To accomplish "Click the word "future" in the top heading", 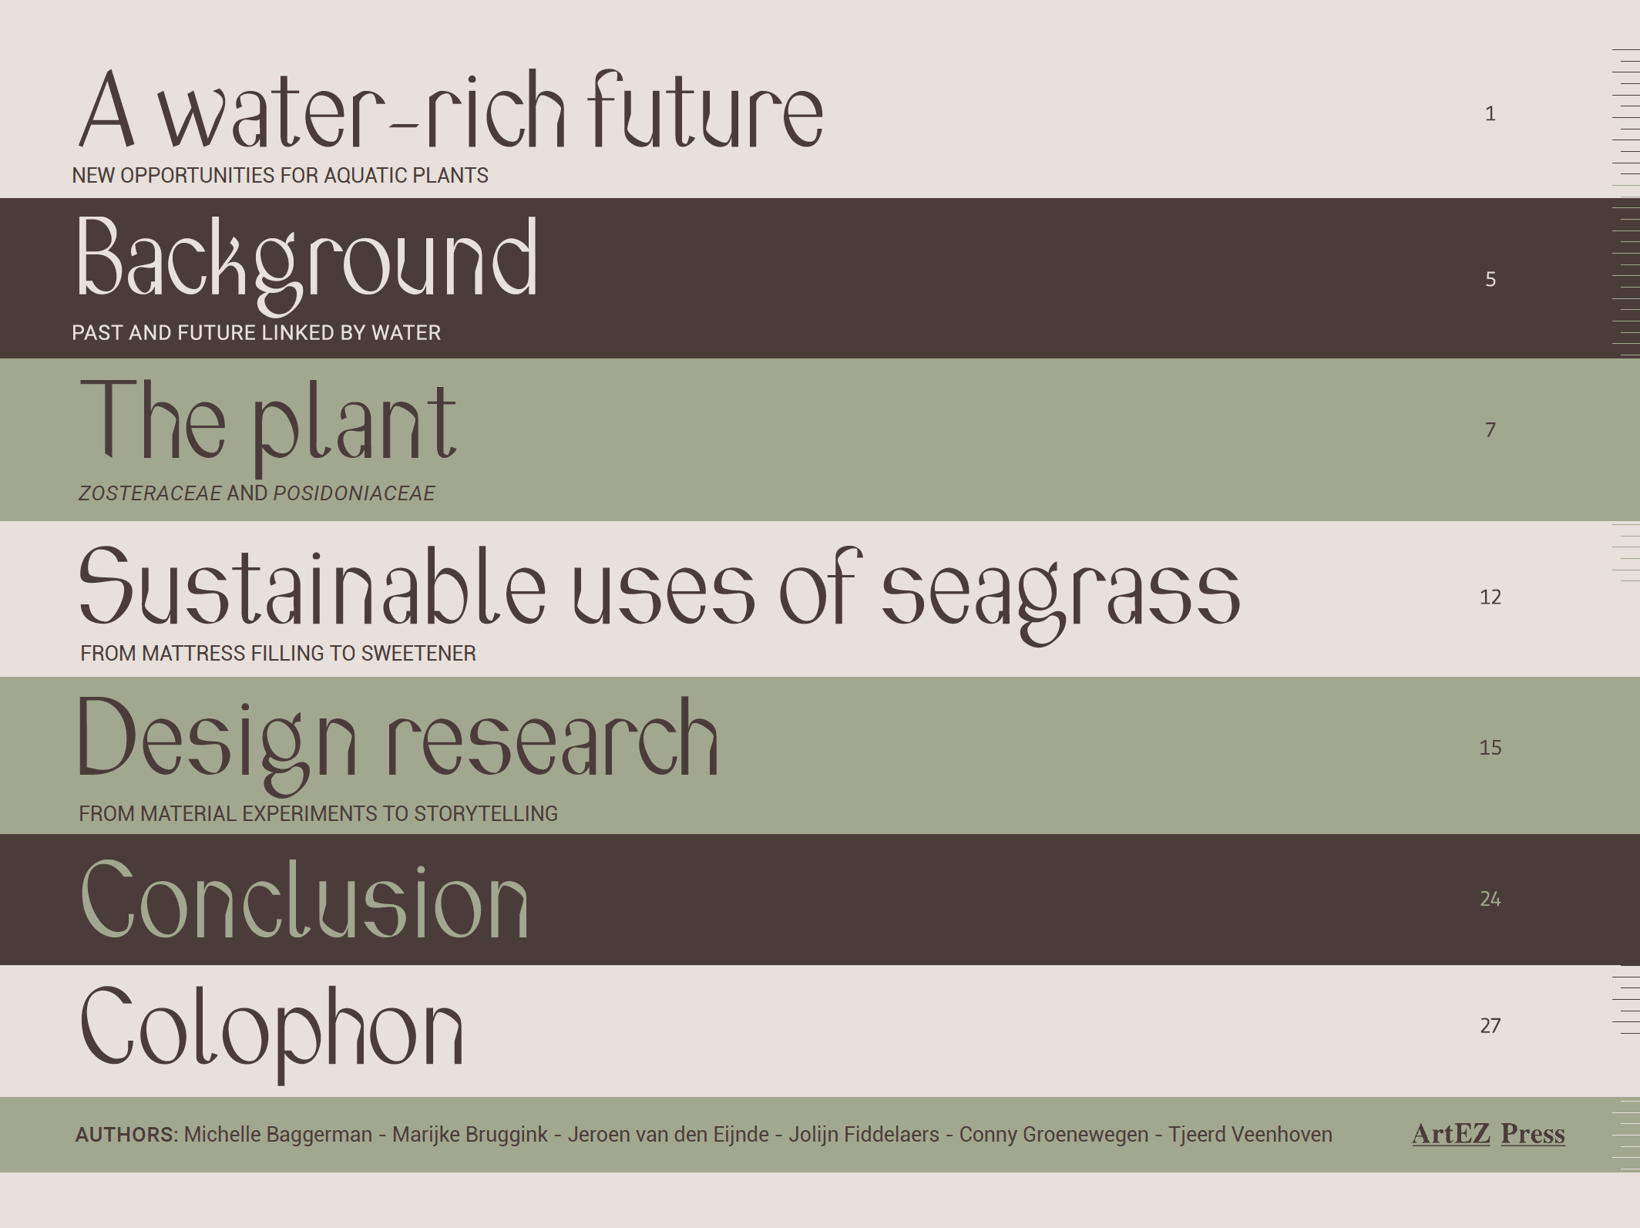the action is click(705, 109).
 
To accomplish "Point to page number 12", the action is click(1490, 597).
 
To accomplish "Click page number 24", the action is click(1490, 899).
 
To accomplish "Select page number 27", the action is click(1490, 1025).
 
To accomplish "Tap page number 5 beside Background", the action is click(1490, 279).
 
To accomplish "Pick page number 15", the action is click(1490, 748).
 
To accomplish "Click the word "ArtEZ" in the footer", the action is click(1451, 1134).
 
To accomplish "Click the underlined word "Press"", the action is click(1533, 1134).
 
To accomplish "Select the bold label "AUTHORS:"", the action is click(126, 1135).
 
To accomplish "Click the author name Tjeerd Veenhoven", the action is click(1250, 1135).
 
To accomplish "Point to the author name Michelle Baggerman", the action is click(278, 1135).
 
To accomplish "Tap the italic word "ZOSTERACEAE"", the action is click(150, 493).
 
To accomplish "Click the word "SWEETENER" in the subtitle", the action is click(418, 654).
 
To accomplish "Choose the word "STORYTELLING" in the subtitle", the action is click(486, 814).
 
